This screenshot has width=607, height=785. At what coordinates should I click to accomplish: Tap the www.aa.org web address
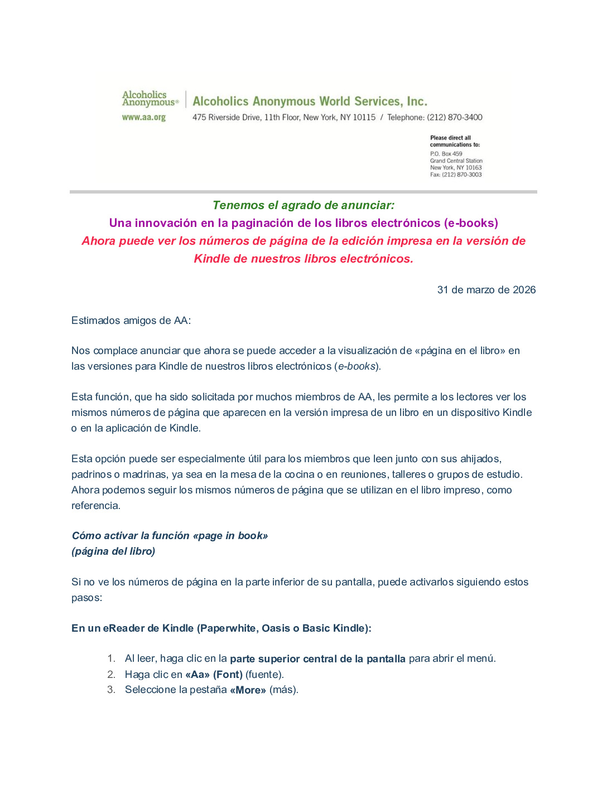tap(144, 118)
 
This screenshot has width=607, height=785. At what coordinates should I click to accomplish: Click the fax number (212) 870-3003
tap(461, 175)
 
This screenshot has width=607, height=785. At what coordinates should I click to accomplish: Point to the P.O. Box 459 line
tap(446, 154)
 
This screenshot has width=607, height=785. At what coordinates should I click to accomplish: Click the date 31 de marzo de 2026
tap(486, 290)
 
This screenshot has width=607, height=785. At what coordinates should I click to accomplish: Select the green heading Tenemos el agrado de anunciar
tap(303, 205)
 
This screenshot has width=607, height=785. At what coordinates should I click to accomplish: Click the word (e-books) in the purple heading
tap(471, 223)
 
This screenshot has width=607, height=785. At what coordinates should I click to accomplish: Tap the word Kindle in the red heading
tap(212, 259)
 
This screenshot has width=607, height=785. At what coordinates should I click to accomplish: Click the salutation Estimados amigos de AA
tap(131, 321)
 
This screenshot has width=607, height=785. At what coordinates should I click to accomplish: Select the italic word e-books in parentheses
tap(357, 366)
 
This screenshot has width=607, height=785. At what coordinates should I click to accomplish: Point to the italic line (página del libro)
tap(113, 551)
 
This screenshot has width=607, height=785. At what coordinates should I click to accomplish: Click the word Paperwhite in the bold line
tap(228, 628)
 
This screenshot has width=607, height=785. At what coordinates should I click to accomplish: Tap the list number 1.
tap(111, 658)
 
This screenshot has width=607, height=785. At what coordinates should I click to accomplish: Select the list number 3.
tap(111, 690)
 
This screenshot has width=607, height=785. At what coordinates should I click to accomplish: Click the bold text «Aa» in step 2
tap(197, 675)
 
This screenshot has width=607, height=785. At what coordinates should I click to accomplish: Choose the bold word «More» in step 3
tap(248, 690)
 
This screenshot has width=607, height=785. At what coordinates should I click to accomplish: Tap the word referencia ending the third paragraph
tap(95, 506)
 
